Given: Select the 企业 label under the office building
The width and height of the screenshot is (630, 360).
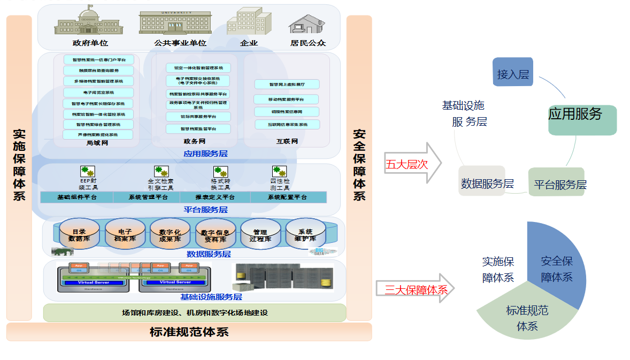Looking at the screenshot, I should pyautogui.click(x=249, y=43).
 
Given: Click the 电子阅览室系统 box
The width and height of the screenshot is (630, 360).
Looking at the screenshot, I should pyautogui.click(x=98, y=93).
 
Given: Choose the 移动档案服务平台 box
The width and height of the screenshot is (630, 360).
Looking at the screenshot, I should pyautogui.click(x=286, y=99).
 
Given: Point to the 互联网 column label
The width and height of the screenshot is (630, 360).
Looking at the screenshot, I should pyautogui.click(x=287, y=142).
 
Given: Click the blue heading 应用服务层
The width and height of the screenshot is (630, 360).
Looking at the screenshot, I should pyautogui.click(x=205, y=154).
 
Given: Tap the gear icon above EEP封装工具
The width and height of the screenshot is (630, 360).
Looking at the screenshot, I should pyautogui.click(x=88, y=171).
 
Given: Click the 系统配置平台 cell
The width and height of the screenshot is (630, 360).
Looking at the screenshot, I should pyautogui.click(x=288, y=197).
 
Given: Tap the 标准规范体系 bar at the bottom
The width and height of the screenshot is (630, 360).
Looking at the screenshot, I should pyautogui.click(x=189, y=332).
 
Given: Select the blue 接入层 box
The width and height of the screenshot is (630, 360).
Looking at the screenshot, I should pyautogui.click(x=513, y=72).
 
